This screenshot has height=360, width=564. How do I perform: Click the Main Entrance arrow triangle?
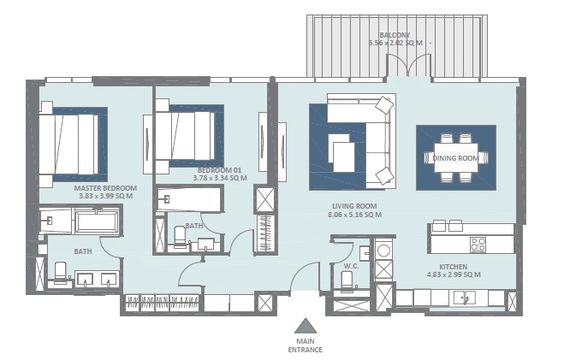point(306,326)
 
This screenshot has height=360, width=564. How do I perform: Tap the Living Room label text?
point(355,206)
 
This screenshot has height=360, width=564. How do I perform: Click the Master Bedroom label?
point(105,187)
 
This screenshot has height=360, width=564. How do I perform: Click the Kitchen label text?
point(453,266)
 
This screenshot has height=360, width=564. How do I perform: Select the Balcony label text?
point(395,35)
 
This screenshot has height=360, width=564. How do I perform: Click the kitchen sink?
point(465,298)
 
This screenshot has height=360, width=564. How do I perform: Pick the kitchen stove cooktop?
point(478,243)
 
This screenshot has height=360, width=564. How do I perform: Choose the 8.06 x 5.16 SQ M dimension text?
point(355,215)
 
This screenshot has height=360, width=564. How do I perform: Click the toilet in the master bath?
point(61,273)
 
